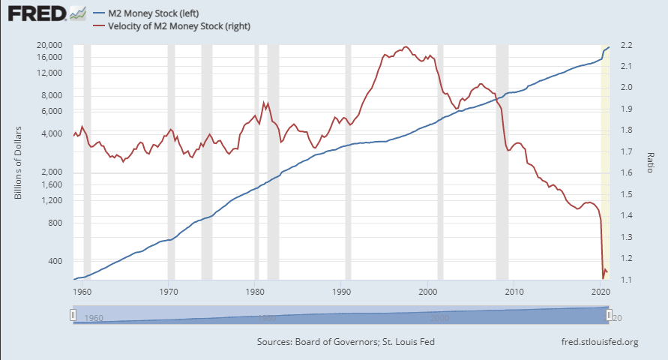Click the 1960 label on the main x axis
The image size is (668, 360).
pos(82,291)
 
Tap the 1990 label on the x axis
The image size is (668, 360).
pos(342,291)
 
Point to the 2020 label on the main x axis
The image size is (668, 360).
pos(600,291)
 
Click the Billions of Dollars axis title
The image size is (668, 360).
pos(18,161)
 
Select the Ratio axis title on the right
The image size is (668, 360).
pos(651,161)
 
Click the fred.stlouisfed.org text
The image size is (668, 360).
pos(599,343)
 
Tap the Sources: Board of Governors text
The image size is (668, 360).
pos(345,343)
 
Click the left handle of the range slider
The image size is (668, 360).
pos(73,316)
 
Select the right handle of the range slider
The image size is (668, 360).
pos(610,316)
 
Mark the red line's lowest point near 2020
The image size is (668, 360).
pos(604,278)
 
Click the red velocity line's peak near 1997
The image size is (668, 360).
pos(406,47)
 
